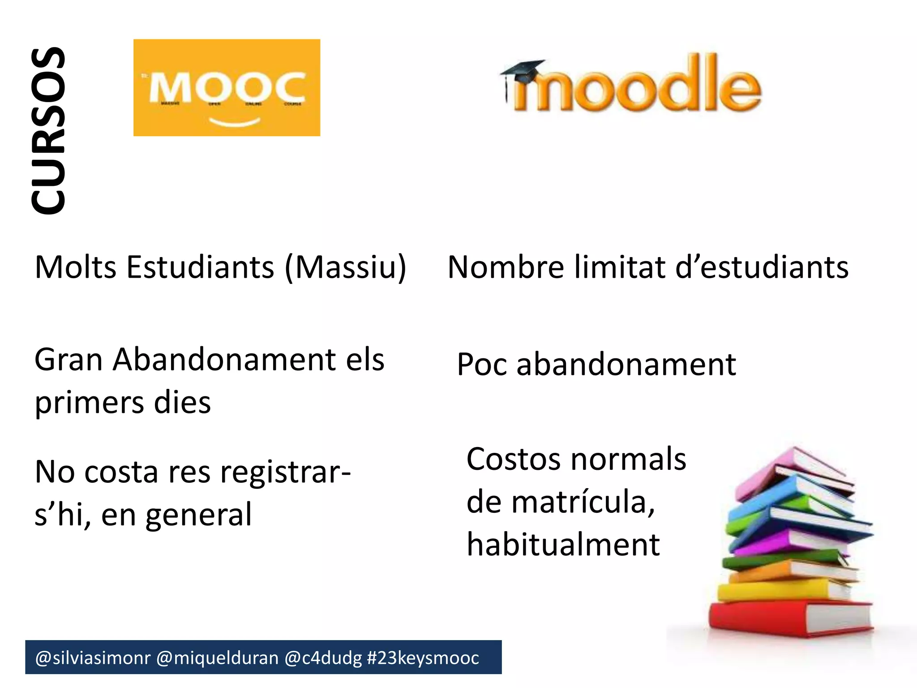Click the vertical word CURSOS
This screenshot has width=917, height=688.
pos(48,131)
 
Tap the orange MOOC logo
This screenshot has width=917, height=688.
pos(227,87)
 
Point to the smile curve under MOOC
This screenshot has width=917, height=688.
pos(235,121)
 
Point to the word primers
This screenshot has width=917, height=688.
pos(89,404)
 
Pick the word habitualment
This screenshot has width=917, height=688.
pos(563,545)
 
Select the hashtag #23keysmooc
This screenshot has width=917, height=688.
pos(423,658)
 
